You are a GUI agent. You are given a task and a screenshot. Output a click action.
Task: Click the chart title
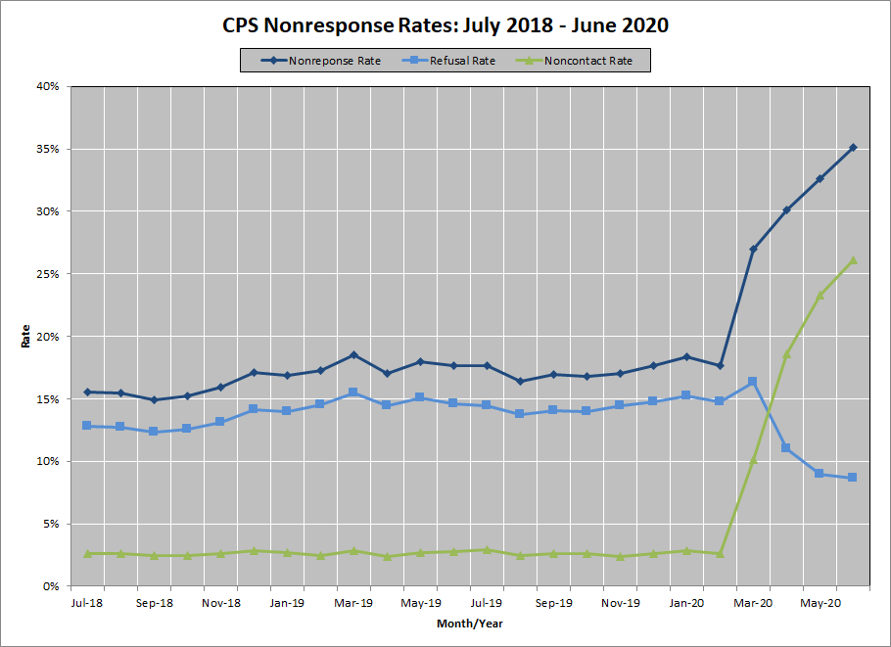tap(445, 25)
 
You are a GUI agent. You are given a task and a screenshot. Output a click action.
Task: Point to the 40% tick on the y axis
tap(49, 87)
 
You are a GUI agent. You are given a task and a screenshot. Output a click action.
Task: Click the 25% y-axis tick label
tap(49, 274)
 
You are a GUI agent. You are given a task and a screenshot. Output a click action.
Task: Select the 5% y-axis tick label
tap(52, 524)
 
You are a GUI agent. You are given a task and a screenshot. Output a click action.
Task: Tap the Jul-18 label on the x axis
tap(87, 603)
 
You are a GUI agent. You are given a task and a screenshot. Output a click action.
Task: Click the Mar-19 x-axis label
tap(353, 603)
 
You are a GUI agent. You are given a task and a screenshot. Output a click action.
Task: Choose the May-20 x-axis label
tap(820, 603)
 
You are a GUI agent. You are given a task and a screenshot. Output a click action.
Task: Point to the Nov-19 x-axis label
tap(620, 603)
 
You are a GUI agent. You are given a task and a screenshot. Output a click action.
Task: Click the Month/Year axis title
tap(469, 624)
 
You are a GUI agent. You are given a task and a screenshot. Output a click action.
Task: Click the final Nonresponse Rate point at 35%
tap(853, 148)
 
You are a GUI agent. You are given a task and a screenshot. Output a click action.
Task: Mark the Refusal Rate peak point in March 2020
tap(753, 382)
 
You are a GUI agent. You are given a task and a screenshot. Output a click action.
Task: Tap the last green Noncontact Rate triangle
tap(853, 259)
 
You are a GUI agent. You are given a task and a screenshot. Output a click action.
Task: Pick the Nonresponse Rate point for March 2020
tap(753, 250)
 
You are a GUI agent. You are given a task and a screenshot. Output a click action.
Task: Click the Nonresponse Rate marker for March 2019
tap(353, 354)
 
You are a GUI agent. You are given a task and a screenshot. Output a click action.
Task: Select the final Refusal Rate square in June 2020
tap(853, 478)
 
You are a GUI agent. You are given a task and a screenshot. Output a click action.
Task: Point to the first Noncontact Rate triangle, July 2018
tap(87, 553)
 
